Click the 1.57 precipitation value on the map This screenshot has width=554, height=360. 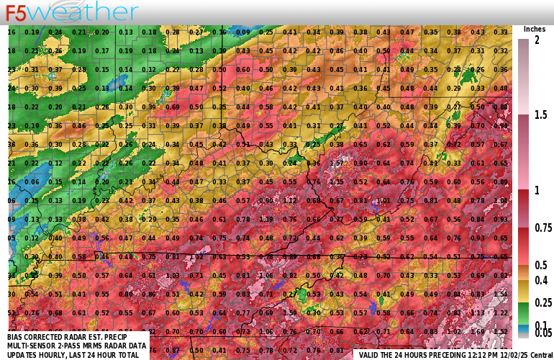click(x=336, y=163)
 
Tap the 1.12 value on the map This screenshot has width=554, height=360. click(x=290, y=200)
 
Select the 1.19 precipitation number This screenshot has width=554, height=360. click(x=267, y=219)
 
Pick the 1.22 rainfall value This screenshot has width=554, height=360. click(x=499, y=312)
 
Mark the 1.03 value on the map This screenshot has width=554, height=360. click(x=173, y=275)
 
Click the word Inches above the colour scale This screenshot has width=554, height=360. click(x=534, y=29)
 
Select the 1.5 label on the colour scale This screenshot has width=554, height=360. click(x=540, y=114)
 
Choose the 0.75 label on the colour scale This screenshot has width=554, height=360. click(x=542, y=228)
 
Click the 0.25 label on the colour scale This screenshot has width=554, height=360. click(x=542, y=302)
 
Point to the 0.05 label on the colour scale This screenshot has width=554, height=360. click(x=542, y=333)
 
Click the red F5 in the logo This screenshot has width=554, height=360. click(x=16, y=13)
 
